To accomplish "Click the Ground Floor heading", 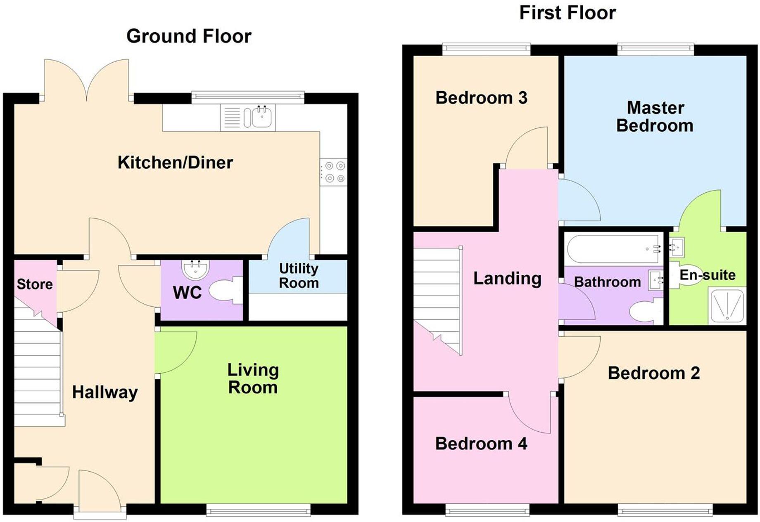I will click(189, 36).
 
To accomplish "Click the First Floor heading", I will click(567, 13).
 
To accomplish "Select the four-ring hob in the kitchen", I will click(334, 172).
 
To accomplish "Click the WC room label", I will click(187, 293).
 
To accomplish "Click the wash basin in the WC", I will click(195, 269).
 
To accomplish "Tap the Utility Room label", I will click(299, 276).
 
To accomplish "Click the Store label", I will click(35, 284).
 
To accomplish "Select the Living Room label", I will click(253, 378).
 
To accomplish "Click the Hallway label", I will click(105, 392).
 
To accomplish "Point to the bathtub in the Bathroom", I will click(614, 249).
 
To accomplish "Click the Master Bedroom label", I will click(655, 117).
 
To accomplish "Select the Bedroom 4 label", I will click(481, 444).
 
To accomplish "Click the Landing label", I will click(507, 279).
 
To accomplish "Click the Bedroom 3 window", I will click(486, 50).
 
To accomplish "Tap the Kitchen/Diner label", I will click(175, 162).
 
